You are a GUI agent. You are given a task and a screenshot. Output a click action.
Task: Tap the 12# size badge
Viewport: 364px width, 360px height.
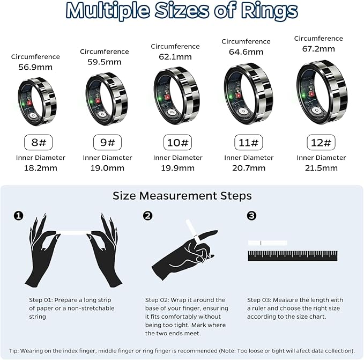(x=322, y=142)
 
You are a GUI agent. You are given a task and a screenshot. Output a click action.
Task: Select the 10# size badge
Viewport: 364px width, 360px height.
(x=177, y=142)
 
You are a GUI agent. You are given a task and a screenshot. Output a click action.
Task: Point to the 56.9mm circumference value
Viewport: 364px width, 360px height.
(x=35, y=68)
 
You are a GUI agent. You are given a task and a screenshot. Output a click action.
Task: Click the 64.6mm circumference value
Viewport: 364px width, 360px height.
(x=246, y=52)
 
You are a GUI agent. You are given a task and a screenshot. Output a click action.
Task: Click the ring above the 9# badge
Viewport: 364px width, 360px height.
(x=107, y=98)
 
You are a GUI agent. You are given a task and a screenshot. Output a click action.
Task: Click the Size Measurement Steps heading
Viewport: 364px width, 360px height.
(x=182, y=196)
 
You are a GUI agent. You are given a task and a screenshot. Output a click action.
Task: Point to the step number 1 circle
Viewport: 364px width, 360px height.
(x=19, y=216)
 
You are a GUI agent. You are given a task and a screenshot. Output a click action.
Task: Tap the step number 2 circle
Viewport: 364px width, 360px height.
(x=148, y=216)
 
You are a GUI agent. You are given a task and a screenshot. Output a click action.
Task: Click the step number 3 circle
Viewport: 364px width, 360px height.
(x=252, y=216)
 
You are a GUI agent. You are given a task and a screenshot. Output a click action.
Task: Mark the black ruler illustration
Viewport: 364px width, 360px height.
(x=292, y=256)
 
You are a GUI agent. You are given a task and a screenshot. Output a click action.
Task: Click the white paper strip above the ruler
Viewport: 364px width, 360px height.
(x=268, y=243)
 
